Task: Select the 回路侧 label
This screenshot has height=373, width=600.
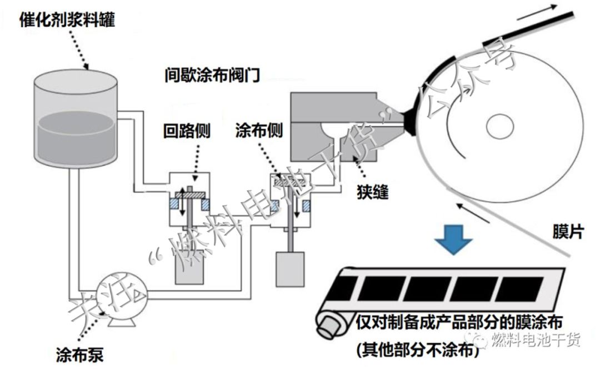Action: point(186,132)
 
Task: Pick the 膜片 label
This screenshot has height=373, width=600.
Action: point(568,231)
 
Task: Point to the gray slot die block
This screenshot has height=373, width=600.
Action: point(344,126)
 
